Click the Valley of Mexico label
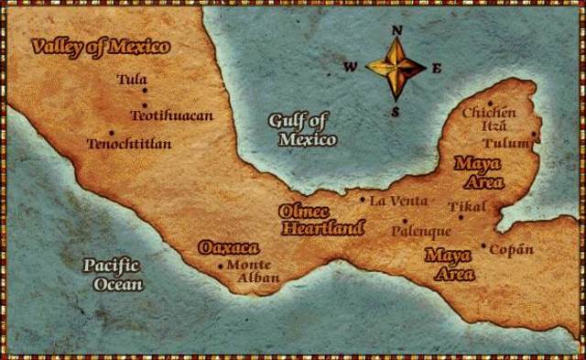(x=100, y=48)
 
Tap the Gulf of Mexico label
(x=302, y=130)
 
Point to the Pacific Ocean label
(x=113, y=275)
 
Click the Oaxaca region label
(x=229, y=247)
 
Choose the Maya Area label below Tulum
(x=479, y=172)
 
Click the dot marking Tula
(x=145, y=90)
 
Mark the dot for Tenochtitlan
(x=112, y=132)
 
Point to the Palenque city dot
(x=405, y=220)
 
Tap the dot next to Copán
(x=483, y=245)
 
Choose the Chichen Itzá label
(x=490, y=118)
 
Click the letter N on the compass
(x=397, y=30)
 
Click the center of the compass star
(x=396, y=68)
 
